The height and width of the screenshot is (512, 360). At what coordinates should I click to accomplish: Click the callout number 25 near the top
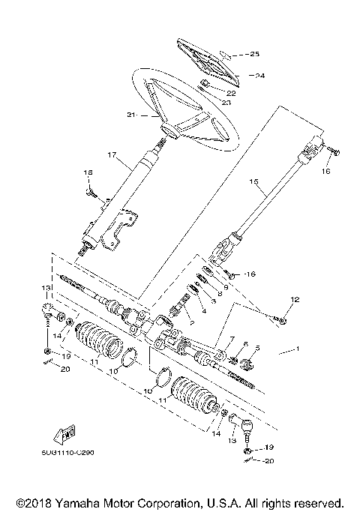(255, 55)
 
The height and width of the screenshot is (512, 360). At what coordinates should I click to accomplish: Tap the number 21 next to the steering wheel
(133, 115)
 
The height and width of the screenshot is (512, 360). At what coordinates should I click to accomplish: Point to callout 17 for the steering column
(112, 156)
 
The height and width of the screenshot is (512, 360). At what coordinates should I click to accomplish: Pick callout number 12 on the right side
(294, 300)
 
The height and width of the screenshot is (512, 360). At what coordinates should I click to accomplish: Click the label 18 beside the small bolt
(88, 173)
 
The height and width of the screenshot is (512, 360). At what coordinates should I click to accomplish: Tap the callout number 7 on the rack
(232, 340)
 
